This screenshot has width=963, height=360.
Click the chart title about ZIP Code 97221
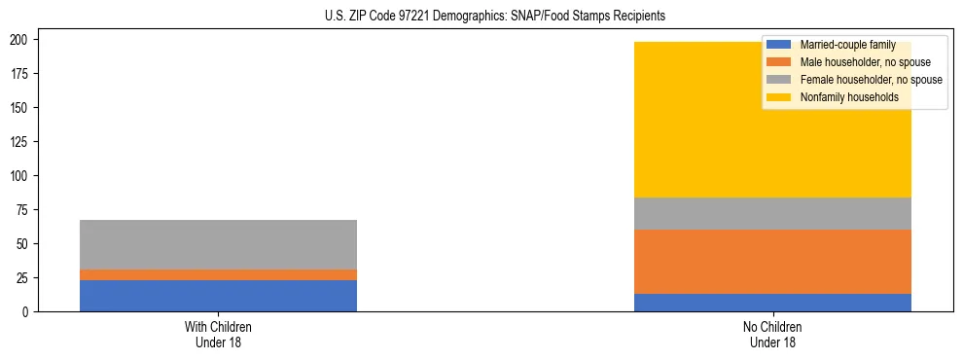tap(495, 17)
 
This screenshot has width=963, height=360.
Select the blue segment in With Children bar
tap(218, 296)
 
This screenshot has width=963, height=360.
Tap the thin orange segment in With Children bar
tap(218, 274)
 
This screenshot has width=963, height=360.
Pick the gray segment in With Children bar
tap(218, 244)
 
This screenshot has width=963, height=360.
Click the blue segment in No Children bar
tap(772, 303)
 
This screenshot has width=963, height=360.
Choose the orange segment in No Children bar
tap(772, 262)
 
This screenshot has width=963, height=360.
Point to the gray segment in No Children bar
tap(772, 213)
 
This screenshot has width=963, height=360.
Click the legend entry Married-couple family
tap(846, 45)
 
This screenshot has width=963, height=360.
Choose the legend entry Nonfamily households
tap(848, 97)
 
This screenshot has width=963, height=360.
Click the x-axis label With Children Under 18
tap(218, 335)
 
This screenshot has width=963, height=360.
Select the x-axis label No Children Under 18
tap(772, 335)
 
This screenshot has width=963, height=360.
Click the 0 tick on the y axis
tap(31, 312)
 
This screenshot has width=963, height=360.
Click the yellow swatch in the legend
tap(779, 97)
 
